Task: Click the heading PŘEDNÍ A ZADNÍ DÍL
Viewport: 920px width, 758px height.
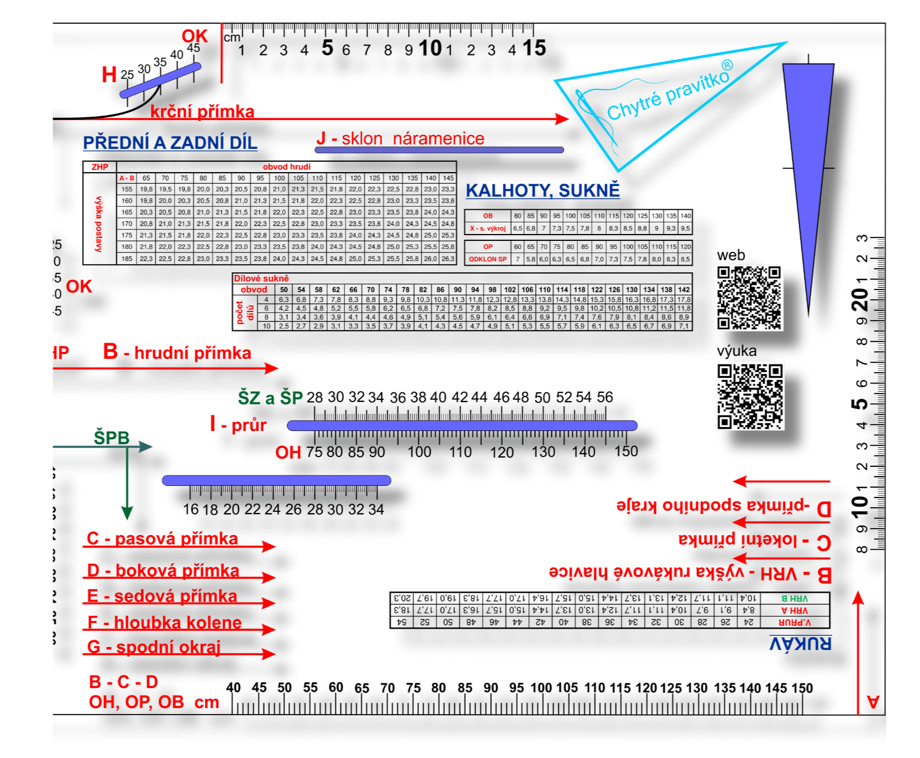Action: pos(170,143)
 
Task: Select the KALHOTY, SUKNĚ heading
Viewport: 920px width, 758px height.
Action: pos(543,190)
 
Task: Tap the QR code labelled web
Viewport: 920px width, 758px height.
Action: pos(749,298)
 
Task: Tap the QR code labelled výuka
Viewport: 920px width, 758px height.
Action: pos(750,396)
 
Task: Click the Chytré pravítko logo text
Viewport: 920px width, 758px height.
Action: pos(669,92)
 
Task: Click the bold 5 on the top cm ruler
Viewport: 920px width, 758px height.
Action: pos(327,49)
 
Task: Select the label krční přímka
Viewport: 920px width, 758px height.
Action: pos(202,112)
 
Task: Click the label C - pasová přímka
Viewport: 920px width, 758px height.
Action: pos(162,538)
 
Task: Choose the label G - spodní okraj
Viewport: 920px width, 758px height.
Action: pos(154,647)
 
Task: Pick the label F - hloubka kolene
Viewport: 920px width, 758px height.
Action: pos(165,622)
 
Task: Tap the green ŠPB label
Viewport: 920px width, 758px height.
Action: pos(112,438)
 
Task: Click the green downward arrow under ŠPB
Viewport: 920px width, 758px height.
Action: pos(127,485)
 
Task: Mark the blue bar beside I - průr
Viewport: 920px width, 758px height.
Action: pos(462,426)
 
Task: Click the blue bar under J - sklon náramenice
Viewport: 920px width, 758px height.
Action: pos(439,150)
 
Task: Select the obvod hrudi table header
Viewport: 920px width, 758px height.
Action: pos(287,167)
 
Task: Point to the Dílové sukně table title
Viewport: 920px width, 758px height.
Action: pos(261,278)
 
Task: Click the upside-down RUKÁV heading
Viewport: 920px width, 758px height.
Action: pos(800,643)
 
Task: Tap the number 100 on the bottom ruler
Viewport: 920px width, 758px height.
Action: pos(541,688)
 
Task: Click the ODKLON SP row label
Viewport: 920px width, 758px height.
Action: pos(488,259)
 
